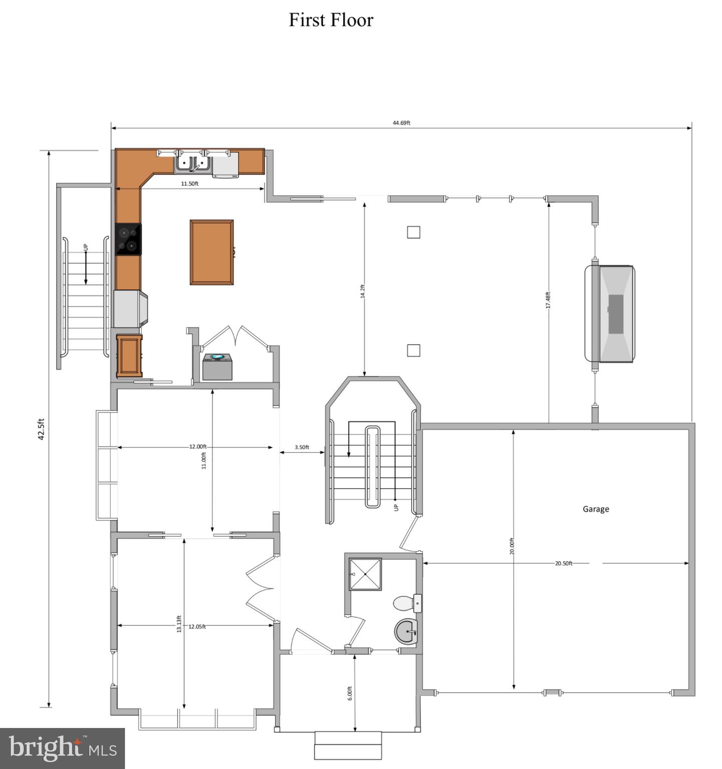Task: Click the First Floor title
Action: point(331,20)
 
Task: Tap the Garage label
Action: point(596,509)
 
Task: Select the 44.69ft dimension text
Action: point(401,123)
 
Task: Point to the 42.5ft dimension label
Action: point(42,429)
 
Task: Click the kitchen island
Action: point(211,252)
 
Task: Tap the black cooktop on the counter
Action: point(128,239)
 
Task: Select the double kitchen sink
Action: point(193,163)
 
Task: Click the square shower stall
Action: point(365,574)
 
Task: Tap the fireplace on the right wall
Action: point(610,314)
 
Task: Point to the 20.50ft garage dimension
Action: point(563,563)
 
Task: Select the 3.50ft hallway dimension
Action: point(302,447)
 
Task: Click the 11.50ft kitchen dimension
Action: point(190,184)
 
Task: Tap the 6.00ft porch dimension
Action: point(350,693)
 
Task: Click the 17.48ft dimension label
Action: point(548,300)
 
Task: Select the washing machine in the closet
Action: point(217,366)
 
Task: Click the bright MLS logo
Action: point(62,748)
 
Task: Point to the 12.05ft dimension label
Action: point(197,626)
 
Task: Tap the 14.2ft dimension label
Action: point(363,291)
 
